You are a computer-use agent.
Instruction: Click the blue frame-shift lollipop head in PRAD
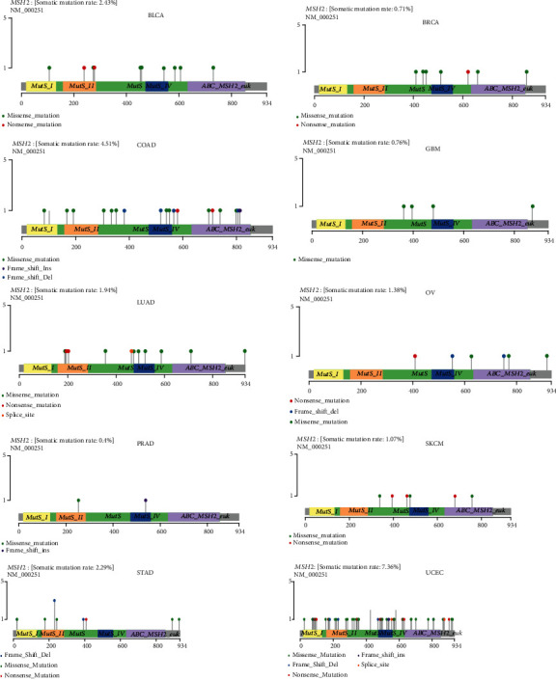[x=146, y=501]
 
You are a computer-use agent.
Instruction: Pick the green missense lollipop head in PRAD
[x=78, y=501]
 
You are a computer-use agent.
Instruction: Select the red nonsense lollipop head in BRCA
[x=468, y=71]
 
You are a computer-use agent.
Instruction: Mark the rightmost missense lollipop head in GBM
[x=532, y=206]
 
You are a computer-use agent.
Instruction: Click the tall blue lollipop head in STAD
[x=54, y=601]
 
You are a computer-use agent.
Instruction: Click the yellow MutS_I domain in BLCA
[x=42, y=86]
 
